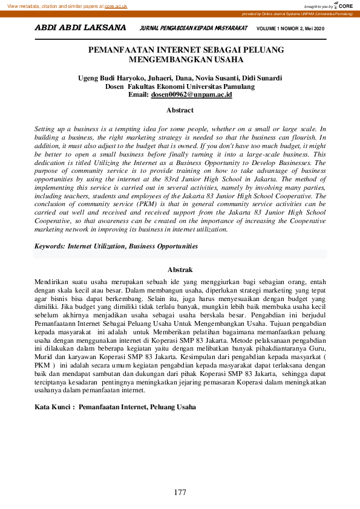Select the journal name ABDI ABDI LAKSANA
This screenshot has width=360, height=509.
[x=80, y=28]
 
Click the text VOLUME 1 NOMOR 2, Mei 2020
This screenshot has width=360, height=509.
[x=290, y=28]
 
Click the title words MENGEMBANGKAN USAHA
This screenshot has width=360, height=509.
[x=180, y=60]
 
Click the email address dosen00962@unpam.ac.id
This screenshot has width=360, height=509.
[x=191, y=95]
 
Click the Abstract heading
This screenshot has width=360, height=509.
[x=180, y=110]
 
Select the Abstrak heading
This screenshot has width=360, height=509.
[x=180, y=270]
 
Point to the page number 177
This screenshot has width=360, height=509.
[x=180, y=493]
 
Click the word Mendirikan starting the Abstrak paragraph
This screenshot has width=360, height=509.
[x=51, y=282]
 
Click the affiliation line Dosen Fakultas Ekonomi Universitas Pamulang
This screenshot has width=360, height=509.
[x=180, y=86]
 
